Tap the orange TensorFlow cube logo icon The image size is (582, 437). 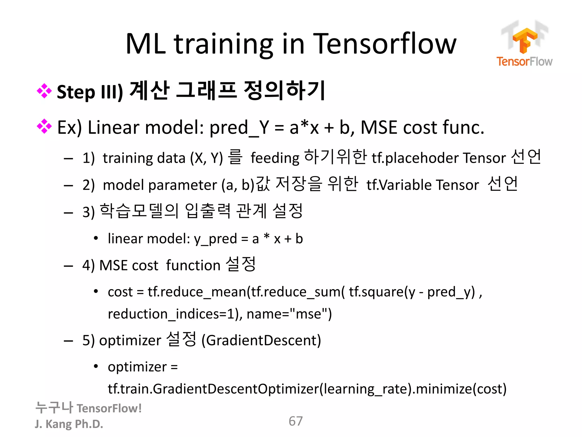(x=525, y=40)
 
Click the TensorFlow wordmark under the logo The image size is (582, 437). (x=524, y=61)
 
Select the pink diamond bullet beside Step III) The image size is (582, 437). (x=44, y=91)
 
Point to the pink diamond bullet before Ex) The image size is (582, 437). (x=44, y=126)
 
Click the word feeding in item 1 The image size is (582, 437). (x=275, y=158)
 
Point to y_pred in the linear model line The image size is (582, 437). (x=215, y=239)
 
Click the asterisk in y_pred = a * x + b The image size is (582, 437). (x=266, y=237)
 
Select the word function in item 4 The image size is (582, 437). (x=193, y=265)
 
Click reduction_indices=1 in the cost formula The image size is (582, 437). (x=171, y=314)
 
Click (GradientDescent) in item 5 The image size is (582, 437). (x=261, y=340)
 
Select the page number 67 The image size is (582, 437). (x=296, y=421)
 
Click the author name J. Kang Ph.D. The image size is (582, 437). (x=69, y=424)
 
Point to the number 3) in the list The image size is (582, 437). (x=88, y=212)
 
